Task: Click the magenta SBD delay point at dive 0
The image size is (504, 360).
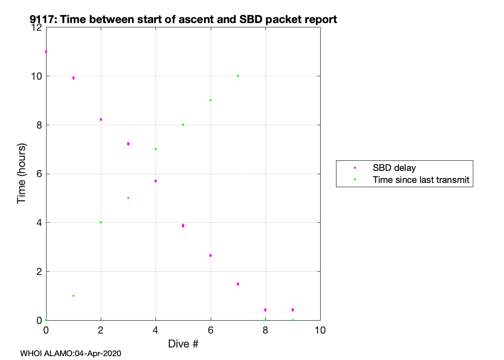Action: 46,52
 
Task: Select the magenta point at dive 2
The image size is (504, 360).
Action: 101,120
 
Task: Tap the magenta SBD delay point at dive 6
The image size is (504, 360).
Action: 211,255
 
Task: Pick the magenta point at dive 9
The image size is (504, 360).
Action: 292,310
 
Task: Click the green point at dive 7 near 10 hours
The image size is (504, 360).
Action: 238,76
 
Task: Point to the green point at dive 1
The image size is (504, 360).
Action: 73,296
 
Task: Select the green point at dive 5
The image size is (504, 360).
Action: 183,125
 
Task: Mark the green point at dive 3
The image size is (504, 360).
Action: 128,198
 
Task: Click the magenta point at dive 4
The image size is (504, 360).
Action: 156,181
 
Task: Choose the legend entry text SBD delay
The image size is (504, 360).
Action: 394,168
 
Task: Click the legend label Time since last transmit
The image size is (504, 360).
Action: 421,180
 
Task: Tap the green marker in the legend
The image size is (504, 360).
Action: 355,180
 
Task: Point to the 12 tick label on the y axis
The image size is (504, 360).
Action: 37,27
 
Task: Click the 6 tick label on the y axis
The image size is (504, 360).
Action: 39,174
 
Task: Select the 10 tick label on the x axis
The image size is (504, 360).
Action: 320,330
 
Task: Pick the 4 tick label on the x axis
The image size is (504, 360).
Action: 156,330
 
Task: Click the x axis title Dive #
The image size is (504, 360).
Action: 183,344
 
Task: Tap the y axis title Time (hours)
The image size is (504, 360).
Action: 21,174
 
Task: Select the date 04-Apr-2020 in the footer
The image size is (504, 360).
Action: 98,354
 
